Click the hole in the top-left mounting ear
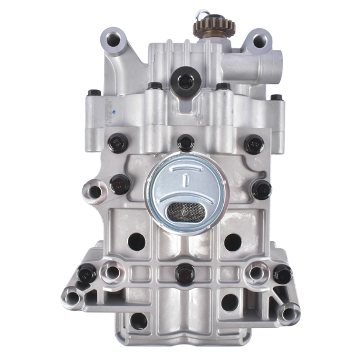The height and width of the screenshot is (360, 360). pos(113,41)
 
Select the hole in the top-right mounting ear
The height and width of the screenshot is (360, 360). pos(259,41)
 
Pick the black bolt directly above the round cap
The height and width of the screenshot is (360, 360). pos(186,143)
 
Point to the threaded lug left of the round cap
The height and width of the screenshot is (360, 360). pos(94,191)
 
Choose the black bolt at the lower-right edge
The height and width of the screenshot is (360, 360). pos(282,274)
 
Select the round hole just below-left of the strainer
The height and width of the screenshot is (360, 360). pos(137,241)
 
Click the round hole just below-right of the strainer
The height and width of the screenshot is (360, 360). pos(232,242)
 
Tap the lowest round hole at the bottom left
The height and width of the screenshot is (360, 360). pos(139,320)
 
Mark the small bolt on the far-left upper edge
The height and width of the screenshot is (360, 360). pos(94,94)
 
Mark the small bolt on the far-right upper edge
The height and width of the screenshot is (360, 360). pos(276,97)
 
